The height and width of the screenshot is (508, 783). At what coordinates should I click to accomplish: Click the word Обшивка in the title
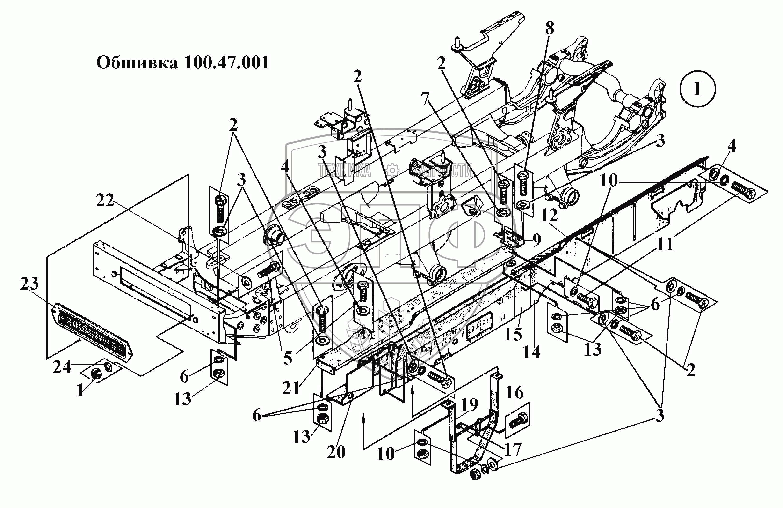click(x=137, y=63)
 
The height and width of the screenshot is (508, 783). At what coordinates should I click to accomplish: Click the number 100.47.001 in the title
click(x=226, y=63)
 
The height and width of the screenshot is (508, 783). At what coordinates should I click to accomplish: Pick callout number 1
click(x=80, y=391)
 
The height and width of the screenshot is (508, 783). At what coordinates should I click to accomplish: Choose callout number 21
click(x=291, y=388)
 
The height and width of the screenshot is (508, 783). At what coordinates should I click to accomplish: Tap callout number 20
click(x=336, y=452)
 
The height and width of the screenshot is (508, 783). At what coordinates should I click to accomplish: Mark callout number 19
click(x=469, y=405)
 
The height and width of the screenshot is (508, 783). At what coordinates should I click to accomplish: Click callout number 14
click(x=532, y=352)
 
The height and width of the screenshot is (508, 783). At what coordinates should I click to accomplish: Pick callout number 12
click(x=549, y=216)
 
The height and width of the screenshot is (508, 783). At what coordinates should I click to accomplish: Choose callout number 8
click(x=549, y=28)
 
